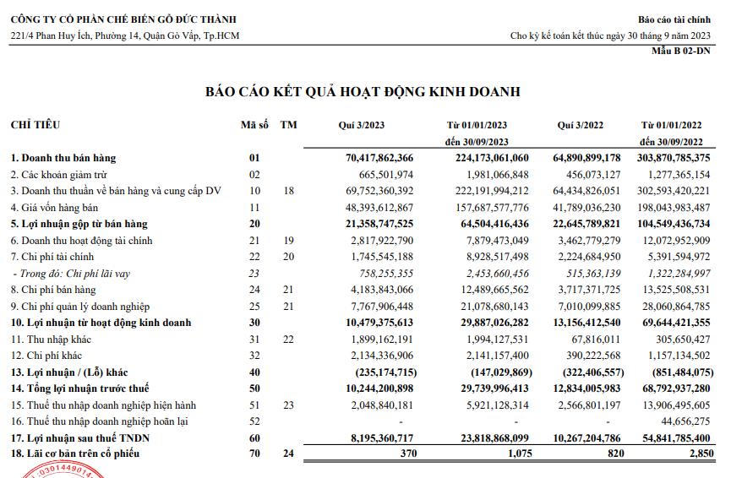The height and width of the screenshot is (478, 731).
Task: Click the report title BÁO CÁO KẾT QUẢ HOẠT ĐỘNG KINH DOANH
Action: (363, 91)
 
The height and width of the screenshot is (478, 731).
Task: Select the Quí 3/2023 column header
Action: (361, 125)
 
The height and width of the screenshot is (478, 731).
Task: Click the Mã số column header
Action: (254, 125)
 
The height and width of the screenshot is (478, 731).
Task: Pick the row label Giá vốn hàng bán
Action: (54, 207)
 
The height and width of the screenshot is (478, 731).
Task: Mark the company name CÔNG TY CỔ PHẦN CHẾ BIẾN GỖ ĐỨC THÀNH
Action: (123, 19)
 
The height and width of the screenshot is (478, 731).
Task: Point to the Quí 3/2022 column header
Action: (579, 125)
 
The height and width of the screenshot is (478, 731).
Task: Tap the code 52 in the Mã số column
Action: (254, 421)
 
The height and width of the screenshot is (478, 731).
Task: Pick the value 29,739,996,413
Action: (488, 388)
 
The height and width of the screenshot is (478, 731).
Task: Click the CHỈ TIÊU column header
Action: (35, 125)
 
